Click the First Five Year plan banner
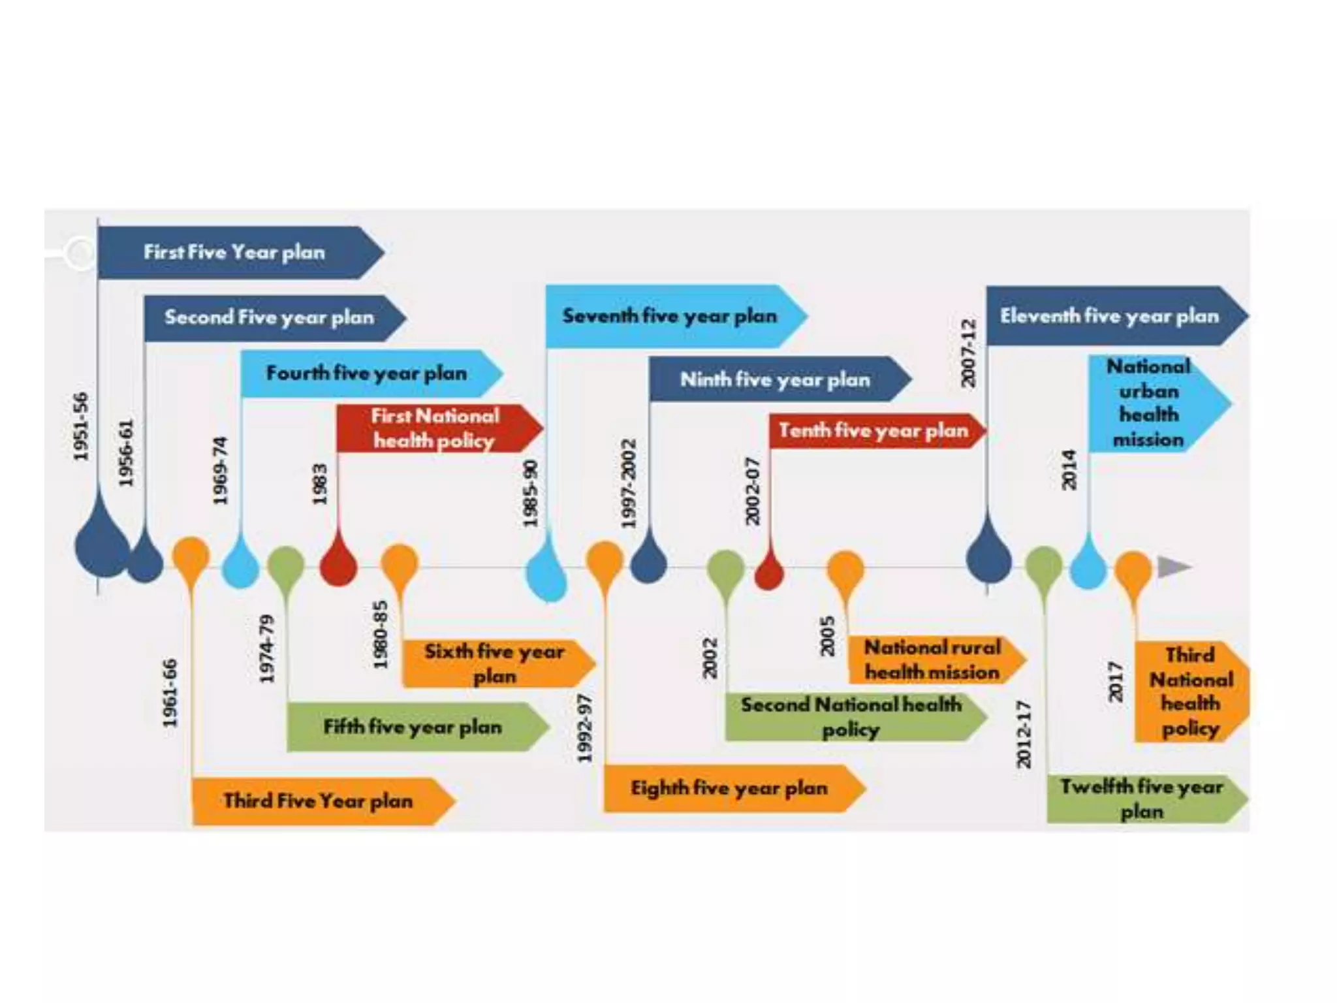235,253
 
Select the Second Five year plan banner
269,318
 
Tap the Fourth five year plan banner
367,374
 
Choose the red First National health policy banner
435,428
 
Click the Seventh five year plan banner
670,317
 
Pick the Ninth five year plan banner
775,379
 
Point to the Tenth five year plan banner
873,431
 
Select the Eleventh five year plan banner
1110,317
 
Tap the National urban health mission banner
1149,404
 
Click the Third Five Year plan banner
318,801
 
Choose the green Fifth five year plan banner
413,727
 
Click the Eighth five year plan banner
729,789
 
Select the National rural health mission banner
932,660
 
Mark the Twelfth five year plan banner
1141,799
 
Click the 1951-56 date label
80,427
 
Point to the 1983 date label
319,485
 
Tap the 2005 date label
827,637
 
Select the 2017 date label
1116,682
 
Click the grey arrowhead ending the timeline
1173,567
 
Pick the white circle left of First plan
80,253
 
